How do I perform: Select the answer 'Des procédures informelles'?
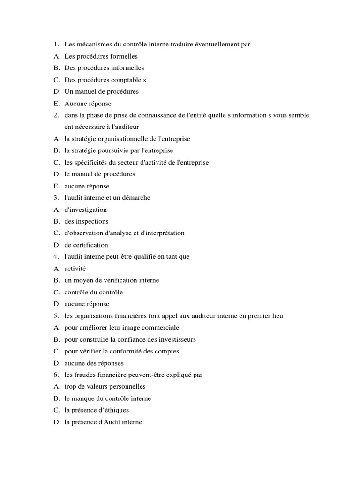click(x=104, y=68)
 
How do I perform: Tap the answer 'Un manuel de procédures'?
click(x=101, y=91)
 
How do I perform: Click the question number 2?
click(x=55, y=115)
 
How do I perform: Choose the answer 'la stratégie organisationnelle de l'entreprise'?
click(x=127, y=139)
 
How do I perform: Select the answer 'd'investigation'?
click(x=85, y=210)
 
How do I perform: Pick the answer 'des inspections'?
click(x=86, y=221)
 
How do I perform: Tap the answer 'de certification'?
click(x=86, y=245)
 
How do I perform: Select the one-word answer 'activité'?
click(x=75, y=269)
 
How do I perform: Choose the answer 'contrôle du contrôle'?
click(x=93, y=292)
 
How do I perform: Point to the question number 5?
click(x=55, y=316)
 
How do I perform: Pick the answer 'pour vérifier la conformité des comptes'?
click(x=121, y=351)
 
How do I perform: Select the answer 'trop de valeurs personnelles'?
click(x=105, y=387)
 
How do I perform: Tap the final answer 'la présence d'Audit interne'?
click(x=103, y=422)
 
